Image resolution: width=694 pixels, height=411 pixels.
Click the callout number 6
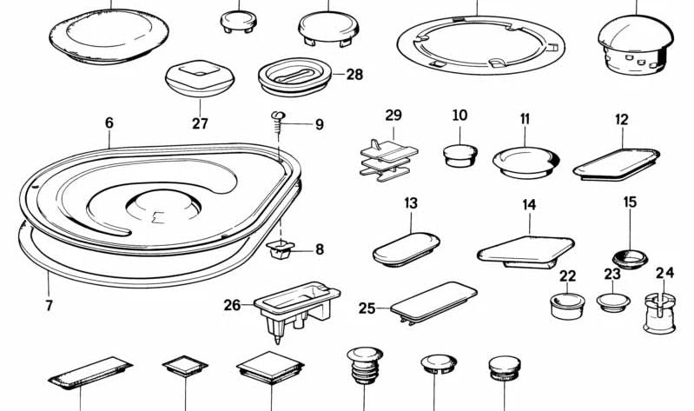pos(109,123)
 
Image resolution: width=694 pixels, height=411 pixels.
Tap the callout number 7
pos(49,305)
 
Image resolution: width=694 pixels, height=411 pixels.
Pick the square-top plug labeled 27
pos(200,79)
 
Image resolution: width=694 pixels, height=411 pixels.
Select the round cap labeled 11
pos(525,162)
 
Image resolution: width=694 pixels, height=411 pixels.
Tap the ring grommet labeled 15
pos(631,256)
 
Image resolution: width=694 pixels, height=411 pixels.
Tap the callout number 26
pos(232,304)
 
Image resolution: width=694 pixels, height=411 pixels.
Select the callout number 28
pos(354,75)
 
